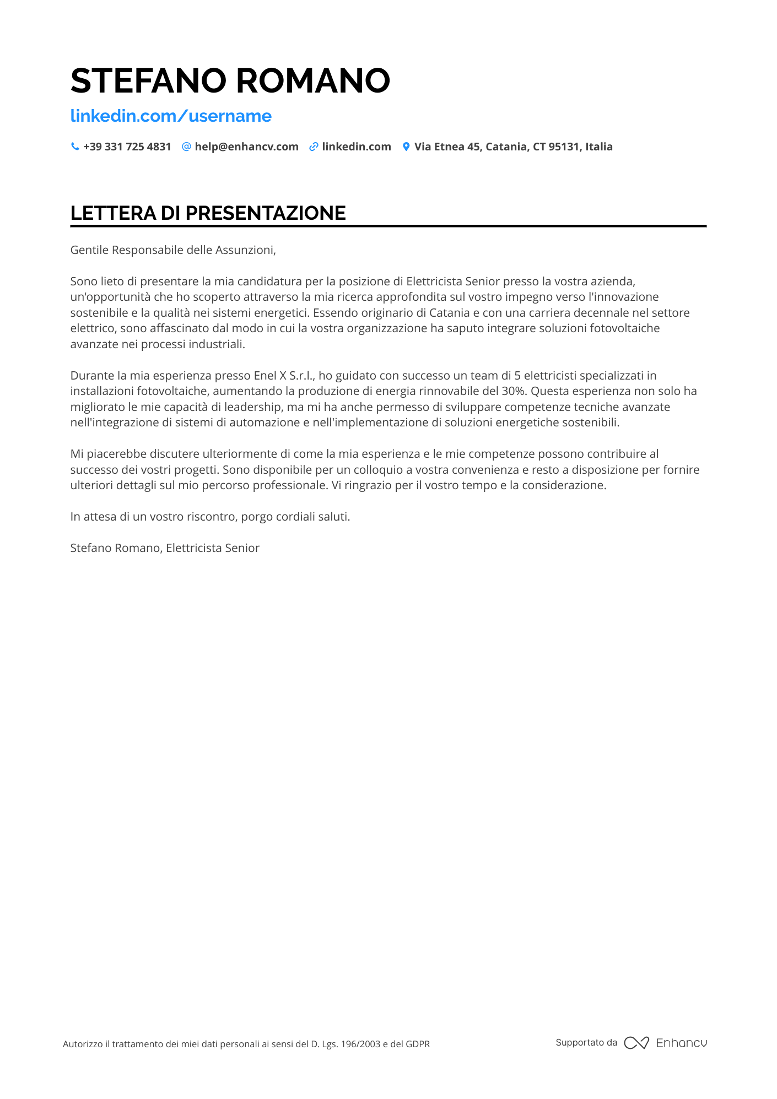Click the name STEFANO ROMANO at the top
point(230,80)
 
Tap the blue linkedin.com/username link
point(171,116)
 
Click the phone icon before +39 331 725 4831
point(75,147)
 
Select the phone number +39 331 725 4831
point(127,147)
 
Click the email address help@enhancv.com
point(246,147)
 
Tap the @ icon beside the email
point(186,147)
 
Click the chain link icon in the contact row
point(314,147)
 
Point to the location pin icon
point(406,147)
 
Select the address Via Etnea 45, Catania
point(513,147)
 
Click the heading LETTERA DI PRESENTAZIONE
point(208,213)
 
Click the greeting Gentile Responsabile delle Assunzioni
point(173,250)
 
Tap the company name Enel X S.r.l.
point(283,376)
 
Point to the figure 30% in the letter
point(514,391)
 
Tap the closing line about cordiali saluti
point(210,517)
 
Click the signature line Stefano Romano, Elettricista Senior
point(165,548)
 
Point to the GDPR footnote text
point(246,1044)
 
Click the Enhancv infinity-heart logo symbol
point(636,1043)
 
